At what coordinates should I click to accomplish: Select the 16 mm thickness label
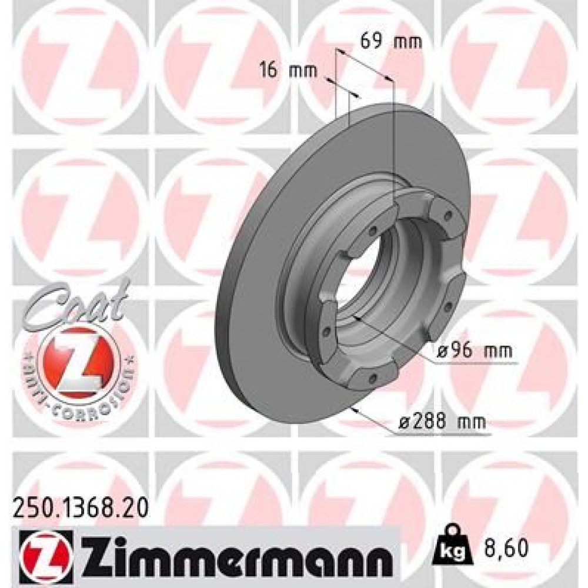[288, 71]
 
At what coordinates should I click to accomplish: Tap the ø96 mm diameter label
[475, 351]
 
